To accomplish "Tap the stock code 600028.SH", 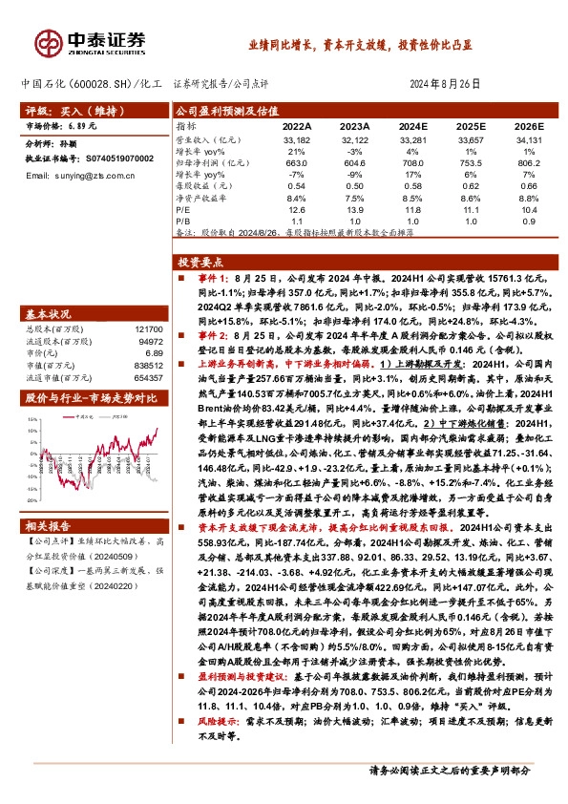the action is click(x=94, y=84).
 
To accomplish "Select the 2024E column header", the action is click(x=412, y=125).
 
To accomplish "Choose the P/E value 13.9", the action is click(x=355, y=208).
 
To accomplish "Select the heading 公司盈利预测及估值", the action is click(x=222, y=110).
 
